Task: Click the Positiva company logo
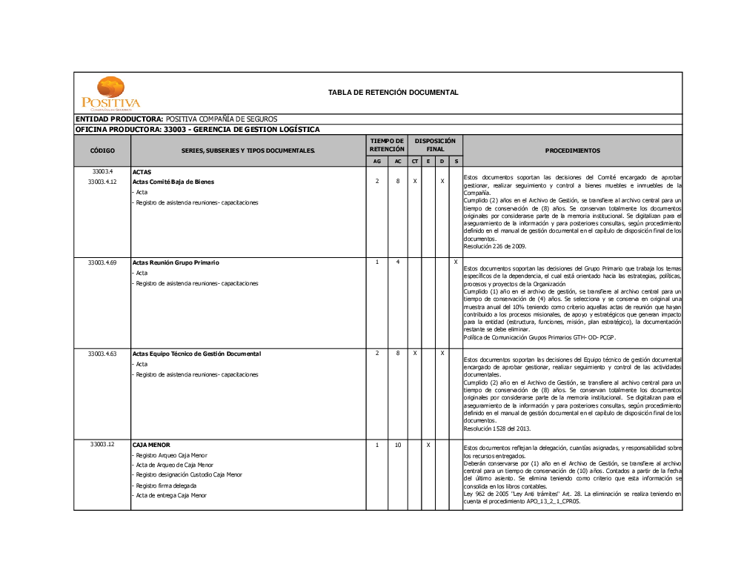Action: click(110, 93)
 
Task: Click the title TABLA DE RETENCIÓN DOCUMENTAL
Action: click(393, 93)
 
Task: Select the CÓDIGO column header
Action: click(102, 150)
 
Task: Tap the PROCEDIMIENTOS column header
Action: click(572, 150)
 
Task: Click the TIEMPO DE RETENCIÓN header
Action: click(387, 145)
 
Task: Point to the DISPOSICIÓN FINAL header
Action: click(435, 145)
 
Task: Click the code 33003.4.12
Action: click(102, 182)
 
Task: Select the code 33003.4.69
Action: click(102, 262)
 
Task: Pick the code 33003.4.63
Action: click(102, 354)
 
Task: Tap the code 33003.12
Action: click(102, 445)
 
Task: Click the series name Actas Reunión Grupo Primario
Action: click(176, 262)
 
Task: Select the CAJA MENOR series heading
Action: click(151, 445)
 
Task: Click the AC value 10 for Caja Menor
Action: click(398, 445)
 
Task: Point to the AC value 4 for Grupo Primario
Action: click(398, 262)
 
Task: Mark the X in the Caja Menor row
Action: click(428, 445)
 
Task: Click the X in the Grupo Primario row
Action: click(455, 262)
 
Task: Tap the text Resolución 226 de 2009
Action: click(494, 246)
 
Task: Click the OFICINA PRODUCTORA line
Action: click(198, 129)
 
